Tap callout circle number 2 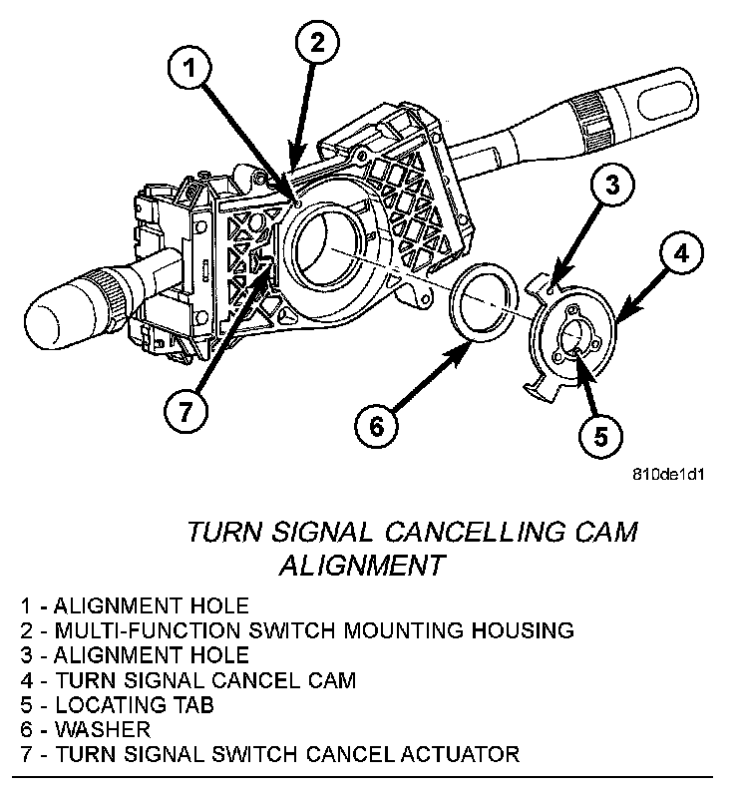(x=316, y=43)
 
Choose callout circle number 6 (x=376, y=427)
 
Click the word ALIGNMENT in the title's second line (x=361, y=565)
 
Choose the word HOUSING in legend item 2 (x=527, y=630)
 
